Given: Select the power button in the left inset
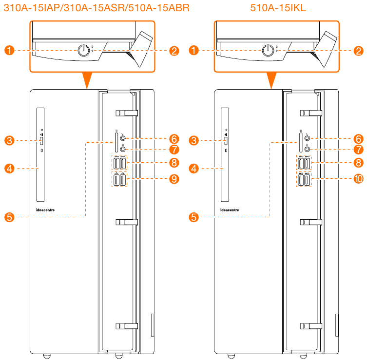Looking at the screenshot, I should [84, 50].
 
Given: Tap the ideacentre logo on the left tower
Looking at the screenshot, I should [48, 197].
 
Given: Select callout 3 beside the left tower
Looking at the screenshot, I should [9, 141].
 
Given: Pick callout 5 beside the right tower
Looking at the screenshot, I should [194, 217].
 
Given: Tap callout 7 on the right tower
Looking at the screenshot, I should [358, 149].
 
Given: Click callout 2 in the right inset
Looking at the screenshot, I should [358, 50].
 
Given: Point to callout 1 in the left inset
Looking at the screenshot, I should [9, 50].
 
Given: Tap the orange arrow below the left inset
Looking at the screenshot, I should [86, 80].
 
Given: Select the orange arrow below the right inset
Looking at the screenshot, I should [271, 80].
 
